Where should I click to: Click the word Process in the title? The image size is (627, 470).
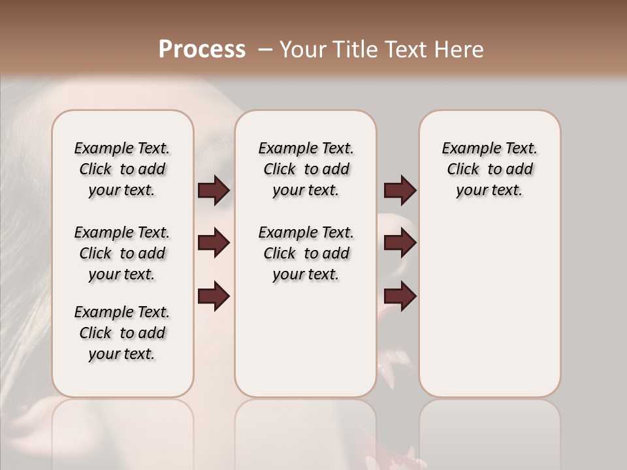202,50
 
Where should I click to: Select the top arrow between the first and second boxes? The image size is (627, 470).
214,191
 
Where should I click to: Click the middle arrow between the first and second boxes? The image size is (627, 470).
214,243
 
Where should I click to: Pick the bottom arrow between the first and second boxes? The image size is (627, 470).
214,296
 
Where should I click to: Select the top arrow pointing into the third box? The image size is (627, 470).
400,191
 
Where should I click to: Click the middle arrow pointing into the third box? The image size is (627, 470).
400,243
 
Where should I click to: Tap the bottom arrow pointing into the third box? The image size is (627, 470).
400,296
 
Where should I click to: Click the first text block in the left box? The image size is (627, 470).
122,169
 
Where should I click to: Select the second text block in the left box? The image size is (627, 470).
122,253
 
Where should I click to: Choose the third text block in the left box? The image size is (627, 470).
122,333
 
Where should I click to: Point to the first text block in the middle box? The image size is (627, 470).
306,169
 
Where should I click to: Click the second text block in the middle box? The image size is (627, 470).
306,253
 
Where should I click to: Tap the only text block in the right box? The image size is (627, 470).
489,169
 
